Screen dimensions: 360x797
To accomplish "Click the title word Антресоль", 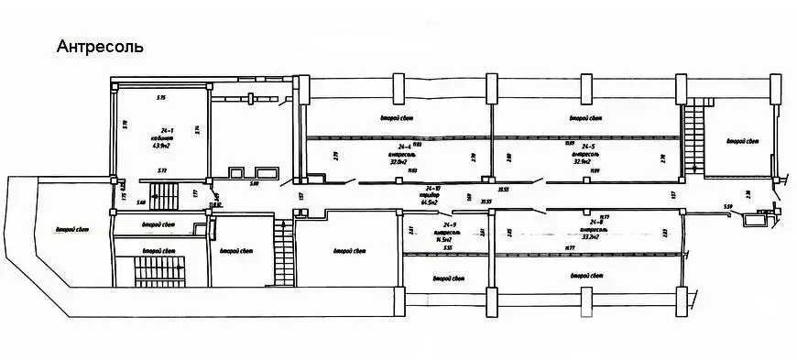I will (x=99, y=47).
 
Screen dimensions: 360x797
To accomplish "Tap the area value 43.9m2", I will (x=161, y=145).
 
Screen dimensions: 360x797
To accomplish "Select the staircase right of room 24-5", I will (x=696, y=137).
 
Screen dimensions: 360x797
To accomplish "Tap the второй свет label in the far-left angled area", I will (x=71, y=230).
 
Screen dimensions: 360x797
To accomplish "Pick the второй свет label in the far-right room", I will (x=743, y=141).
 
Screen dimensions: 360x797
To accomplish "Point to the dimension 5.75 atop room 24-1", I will (x=160, y=96).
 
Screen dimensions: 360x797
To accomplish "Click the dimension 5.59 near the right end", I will (x=728, y=208).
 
